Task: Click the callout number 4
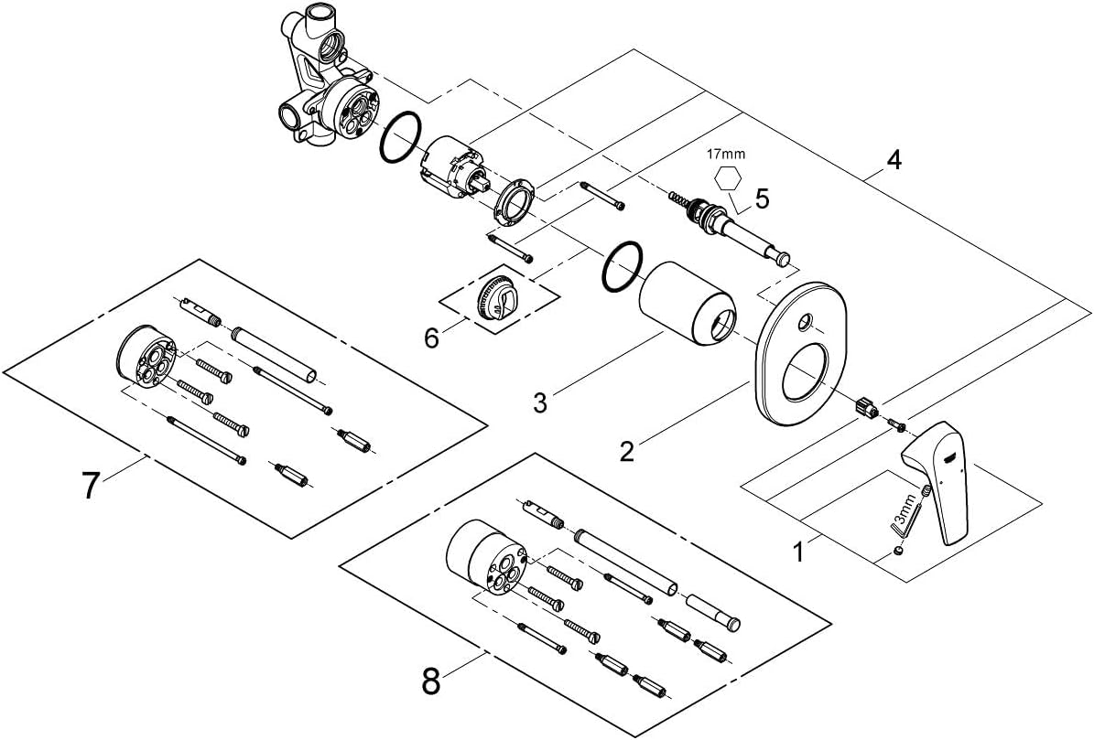pos(894,160)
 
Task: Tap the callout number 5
pos(761,198)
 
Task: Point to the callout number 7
pos(90,485)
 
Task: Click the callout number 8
pos(432,680)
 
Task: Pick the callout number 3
pos(540,402)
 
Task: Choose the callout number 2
pos(626,452)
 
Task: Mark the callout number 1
pos(798,552)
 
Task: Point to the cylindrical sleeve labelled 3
pos(688,303)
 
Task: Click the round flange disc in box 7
pos(146,359)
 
